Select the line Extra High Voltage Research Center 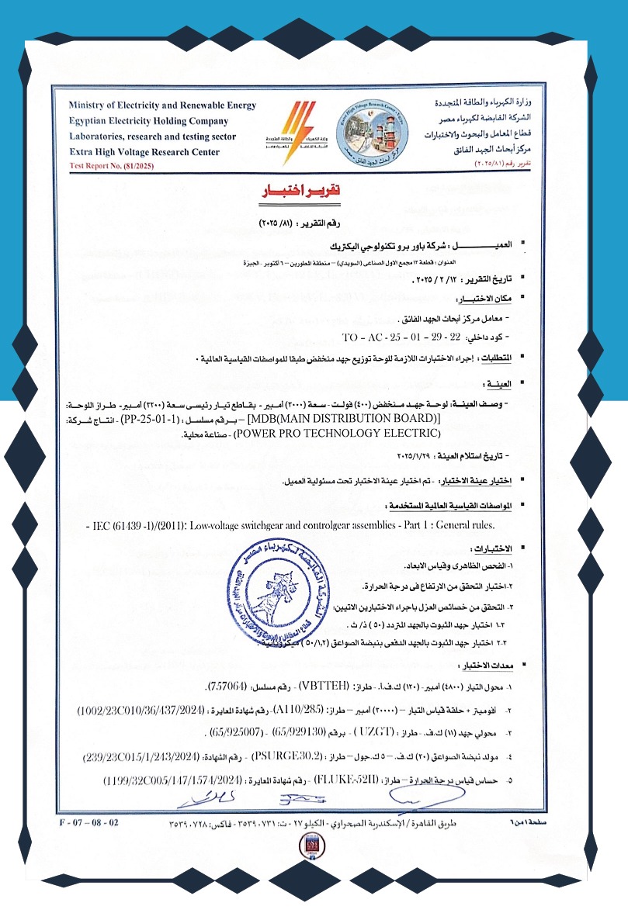coord(144,153)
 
